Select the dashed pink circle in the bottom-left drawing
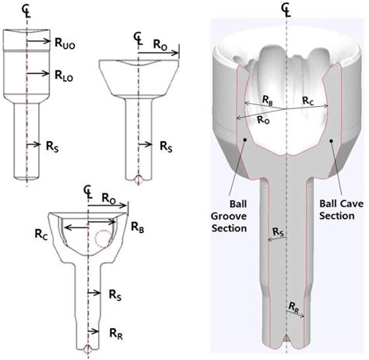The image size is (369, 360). pyautogui.click(x=103, y=238)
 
